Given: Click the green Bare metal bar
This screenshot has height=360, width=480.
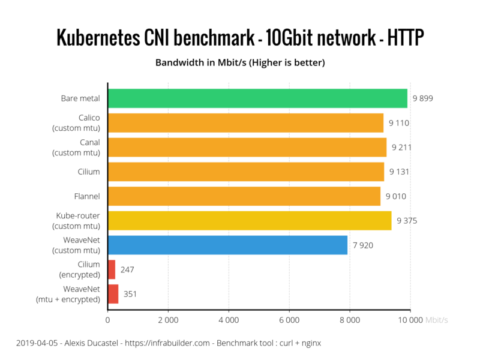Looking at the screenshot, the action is point(258,98).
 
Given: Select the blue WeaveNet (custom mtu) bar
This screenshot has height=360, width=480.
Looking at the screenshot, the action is point(228,245).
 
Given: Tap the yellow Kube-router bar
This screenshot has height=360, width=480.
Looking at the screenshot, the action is point(250,220).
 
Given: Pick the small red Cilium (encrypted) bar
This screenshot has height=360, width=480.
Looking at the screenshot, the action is point(112,269).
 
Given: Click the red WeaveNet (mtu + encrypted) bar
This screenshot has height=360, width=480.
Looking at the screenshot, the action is point(113,294).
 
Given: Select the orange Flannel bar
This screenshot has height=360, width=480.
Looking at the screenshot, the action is point(244,196).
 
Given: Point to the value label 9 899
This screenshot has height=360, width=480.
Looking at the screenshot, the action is point(423,98).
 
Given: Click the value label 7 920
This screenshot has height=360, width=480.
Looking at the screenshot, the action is point(363,245).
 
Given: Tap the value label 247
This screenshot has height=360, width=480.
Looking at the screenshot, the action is point(127,269).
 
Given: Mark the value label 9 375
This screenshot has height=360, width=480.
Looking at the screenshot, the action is point(407,221).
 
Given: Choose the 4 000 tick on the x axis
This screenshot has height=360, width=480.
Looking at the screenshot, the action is point(229,320).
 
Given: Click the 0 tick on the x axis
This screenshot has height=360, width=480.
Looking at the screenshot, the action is point(108,320).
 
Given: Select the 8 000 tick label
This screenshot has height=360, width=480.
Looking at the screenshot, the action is point(350,320).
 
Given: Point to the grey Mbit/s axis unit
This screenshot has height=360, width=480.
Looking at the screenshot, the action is point(437,320).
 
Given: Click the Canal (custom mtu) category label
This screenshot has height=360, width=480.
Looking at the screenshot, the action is point(76,147).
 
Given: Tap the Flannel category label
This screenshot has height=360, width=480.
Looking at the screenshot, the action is point(87,196).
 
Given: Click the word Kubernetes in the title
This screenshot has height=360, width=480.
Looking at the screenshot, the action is point(98,38).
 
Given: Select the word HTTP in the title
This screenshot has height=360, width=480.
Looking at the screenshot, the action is point(406,38).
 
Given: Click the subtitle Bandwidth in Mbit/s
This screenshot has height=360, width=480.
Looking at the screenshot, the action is point(201,62).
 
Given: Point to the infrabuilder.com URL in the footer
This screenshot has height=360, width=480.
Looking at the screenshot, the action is point(167,343).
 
